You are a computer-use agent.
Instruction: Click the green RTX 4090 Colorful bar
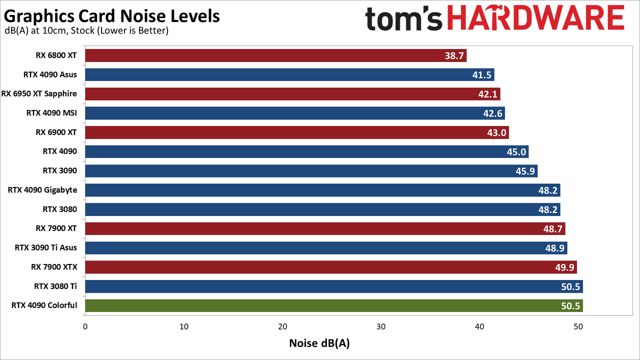(x=333, y=305)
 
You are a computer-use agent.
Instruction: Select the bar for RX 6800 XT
(x=275, y=55)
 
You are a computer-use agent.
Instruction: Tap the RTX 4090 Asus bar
(x=289, y=74)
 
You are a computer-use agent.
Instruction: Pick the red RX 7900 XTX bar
(x=331, y=267)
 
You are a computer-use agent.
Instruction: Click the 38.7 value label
(x=454, y=55)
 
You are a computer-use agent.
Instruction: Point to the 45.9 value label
(x=525, y=171)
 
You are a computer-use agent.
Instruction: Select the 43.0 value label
(x=496, y=132)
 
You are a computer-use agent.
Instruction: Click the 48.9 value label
(x=555, y=248)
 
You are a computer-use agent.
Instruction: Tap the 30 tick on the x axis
(x=381, y=326)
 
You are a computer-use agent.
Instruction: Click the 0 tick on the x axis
(x=85, y=326)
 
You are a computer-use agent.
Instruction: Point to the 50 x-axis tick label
(x=578, y=326)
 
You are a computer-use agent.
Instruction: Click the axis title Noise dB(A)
(x=319, y=343)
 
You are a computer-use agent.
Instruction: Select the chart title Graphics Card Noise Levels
(x=111, y=16)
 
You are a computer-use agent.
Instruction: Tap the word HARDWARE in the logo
(x=535, y=18)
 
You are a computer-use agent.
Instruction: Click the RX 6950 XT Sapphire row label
(x=39, y=94)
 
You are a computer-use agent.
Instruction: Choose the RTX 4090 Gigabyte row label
(x=42, y=190)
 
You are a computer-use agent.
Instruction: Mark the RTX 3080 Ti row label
(x=55, y=286)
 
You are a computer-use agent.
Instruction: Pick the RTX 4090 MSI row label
(x=51, y=113)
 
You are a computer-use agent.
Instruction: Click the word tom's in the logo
(x=403, y=19)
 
